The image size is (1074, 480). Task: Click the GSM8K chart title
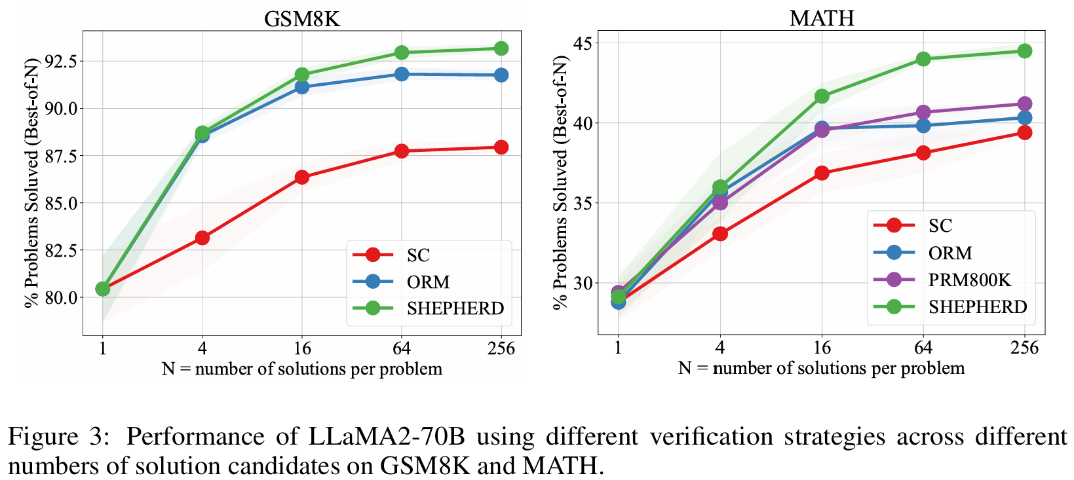point(302,18)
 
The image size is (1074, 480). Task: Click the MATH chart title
point(822,18)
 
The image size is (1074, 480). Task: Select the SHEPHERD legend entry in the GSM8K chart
point(455,308)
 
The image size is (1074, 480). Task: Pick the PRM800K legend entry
point(969,280)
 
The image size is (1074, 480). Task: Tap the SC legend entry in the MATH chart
point(940,226)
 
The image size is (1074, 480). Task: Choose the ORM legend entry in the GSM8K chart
point(428,282)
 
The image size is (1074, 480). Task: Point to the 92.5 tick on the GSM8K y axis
point(60,61)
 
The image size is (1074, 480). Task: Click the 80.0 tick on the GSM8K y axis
point(60,297)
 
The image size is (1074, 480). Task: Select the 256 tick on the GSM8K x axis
point(501,348)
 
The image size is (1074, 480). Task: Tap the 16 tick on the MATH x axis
point(821,347)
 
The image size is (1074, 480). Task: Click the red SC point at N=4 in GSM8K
point(202,238)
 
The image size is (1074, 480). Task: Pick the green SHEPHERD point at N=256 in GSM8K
point(501,48)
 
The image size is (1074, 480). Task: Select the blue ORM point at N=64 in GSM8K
point(402,74)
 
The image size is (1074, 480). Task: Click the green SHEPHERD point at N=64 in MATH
point(923,59)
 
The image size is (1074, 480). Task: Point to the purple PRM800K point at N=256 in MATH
point(1024,104)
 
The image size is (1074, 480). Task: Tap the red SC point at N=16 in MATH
point(822,173)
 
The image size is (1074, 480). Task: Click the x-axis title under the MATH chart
point(821,368)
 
